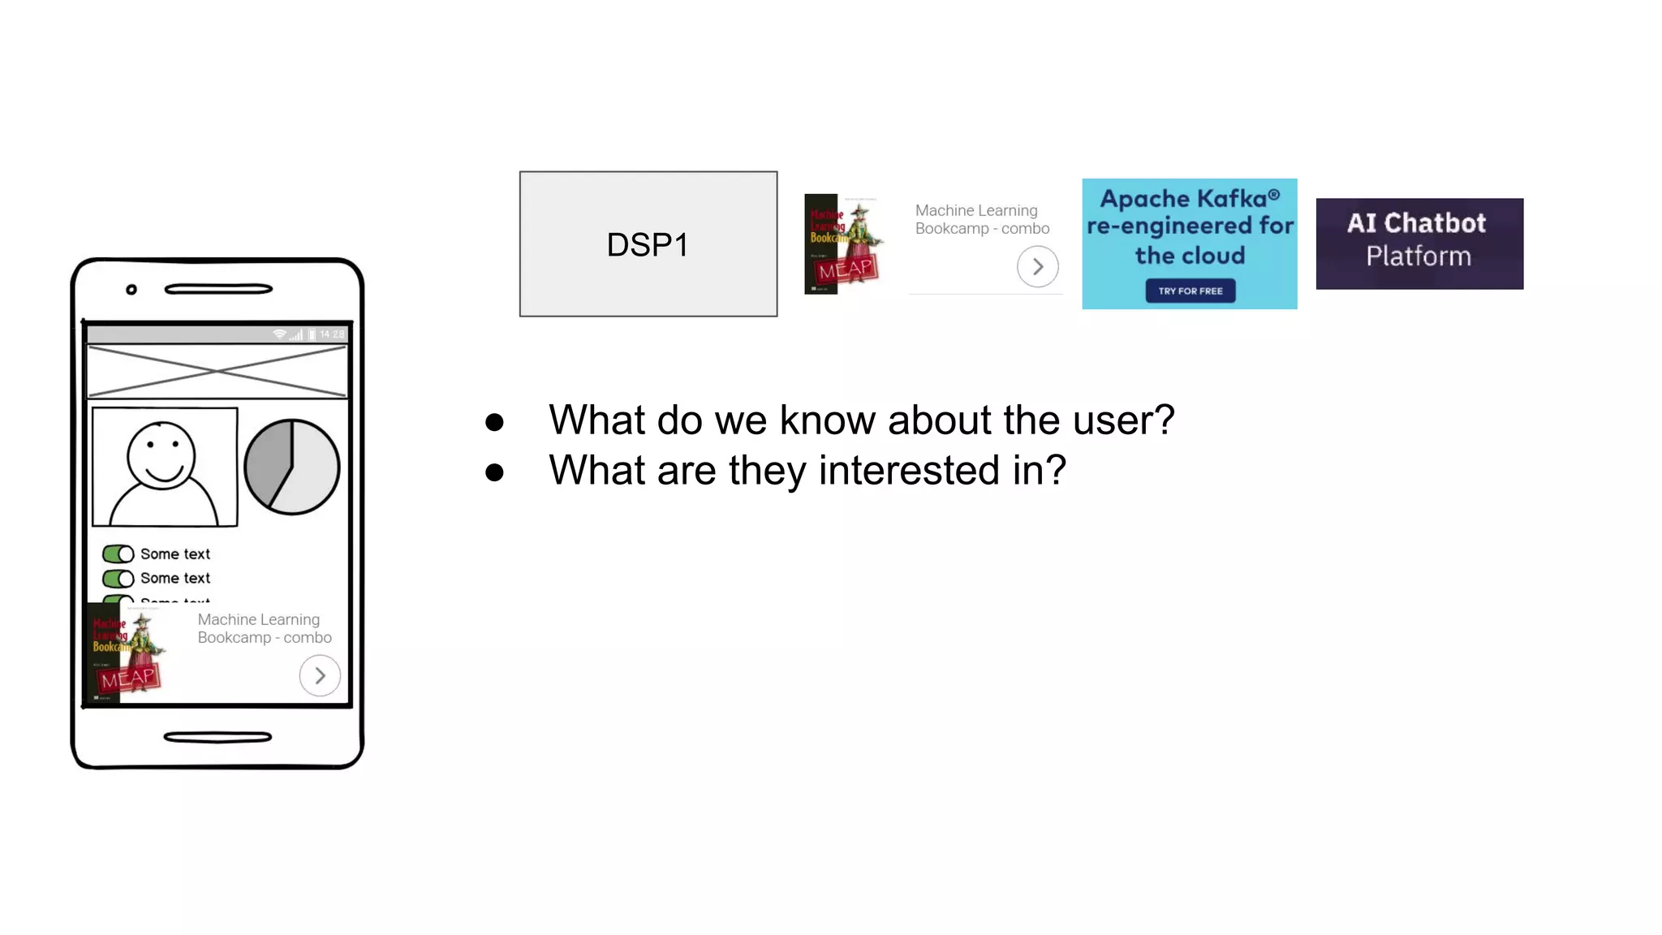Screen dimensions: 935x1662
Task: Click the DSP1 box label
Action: pyautogui.click(x=648, y=245)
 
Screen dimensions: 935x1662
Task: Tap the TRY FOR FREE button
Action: pyautogui.click(x=1190, y=291)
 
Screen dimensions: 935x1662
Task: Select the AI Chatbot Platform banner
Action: pyautogui.click(x=1419, y=243)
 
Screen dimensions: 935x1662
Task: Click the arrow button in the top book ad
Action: pyautogui.click(x=1037, y=267)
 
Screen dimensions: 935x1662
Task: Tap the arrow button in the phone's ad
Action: pyautogui.click(x=320, y=675)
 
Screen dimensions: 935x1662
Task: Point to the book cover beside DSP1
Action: pyautogui.click(x=842, y=243)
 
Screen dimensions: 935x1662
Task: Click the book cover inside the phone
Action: pyautogui.click(x=127, y=654)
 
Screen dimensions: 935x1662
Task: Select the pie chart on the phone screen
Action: pyautogui.click(x=292, y=467)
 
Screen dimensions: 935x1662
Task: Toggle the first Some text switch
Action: pyautogui.click(x=118, y=554)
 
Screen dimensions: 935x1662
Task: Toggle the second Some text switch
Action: pyautogui.click(x=118, y=579)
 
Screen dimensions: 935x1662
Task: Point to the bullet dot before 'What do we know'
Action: pyautogui.click(x=494, y=422)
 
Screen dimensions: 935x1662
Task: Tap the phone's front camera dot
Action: pyautogui.click(x=131, y=290)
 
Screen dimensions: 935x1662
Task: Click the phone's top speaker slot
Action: pyautogui.click(x=217, y=289)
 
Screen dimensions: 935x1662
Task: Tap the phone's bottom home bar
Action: pyautogui.click(x=217, y=737)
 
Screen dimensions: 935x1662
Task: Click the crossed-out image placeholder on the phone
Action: pyautogui.click(x=217, y=371)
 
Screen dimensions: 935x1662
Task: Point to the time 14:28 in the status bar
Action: pyautogui.click(x=332, y=334)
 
